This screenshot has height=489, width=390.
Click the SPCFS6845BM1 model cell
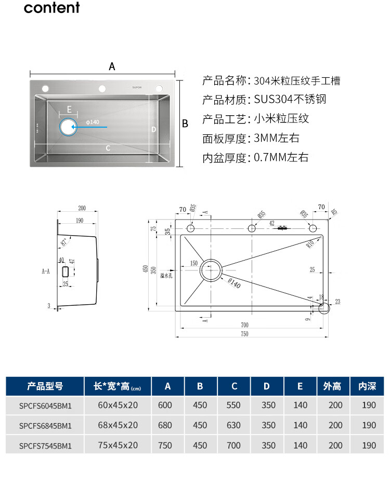click(45, 425)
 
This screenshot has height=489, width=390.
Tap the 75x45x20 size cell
click(118, 445)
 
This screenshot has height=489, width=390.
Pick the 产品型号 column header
click(45, 386)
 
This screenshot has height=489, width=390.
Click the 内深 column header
click(367, 386)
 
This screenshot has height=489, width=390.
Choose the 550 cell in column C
click(234, 405)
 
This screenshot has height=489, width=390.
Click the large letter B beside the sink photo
click(185, 124)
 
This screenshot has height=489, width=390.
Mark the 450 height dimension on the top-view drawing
click(146, 268)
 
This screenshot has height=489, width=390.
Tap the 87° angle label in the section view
click(64, 242)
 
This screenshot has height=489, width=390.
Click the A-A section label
click(46, 271)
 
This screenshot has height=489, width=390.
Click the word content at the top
click(52, 8)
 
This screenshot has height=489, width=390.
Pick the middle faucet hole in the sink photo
click(102, 87)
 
